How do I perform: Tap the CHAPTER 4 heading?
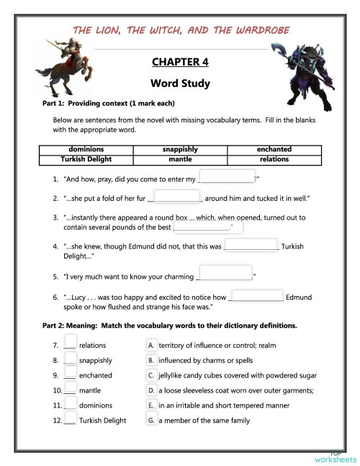pyautogui.click(x=180, y=61)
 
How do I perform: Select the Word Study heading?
pyautogui.click(x=180, y=83)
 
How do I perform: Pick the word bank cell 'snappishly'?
pyautogui.click(x=180, y=149)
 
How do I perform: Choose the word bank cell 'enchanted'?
pyautogui.click(x=274, y=149)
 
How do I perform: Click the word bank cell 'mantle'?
pyautogui.click(x=180, y=159)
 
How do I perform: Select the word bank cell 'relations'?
pyautogui.click(x=274, y=159)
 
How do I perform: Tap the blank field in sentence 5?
pyautogui.click(x=224, y=274)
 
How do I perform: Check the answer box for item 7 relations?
pyautogui.click(x=71, y=343)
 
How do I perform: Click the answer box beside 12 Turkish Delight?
pyautogui.click(x=71, y=418)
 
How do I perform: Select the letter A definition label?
pyautogui.click(x=151, y=345)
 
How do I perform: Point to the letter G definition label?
pyautogui.click(x=151, y=420)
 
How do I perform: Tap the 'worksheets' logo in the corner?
pyautogui.click(x=335, y=458)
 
